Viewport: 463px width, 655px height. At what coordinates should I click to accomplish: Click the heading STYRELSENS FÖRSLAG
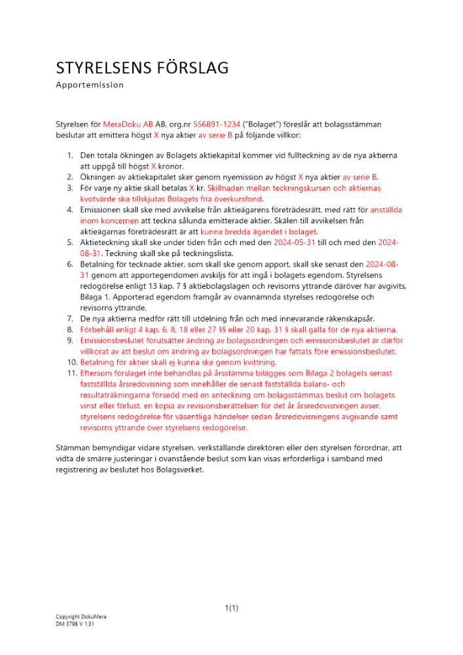click(142, 68)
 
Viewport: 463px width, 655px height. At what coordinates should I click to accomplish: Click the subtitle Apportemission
click(90, 85)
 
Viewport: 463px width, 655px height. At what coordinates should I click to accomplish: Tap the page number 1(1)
click(232, 608)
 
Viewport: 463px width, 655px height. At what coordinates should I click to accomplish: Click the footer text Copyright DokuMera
click(81, 617)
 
